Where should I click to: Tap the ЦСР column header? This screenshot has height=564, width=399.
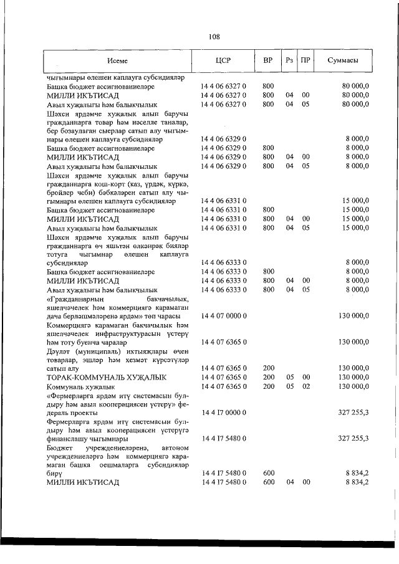(223, 61)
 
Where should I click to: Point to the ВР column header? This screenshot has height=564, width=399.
(268, 61)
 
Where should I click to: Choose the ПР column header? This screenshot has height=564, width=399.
(305, 61)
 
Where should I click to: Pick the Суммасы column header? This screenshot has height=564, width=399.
(343, 61)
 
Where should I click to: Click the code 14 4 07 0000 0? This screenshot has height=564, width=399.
(223, 316)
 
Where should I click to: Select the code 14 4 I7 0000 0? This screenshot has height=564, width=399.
(223, 413)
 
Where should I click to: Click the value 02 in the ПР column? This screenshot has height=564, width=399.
(305, 386)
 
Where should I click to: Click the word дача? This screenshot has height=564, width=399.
(55, 316)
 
